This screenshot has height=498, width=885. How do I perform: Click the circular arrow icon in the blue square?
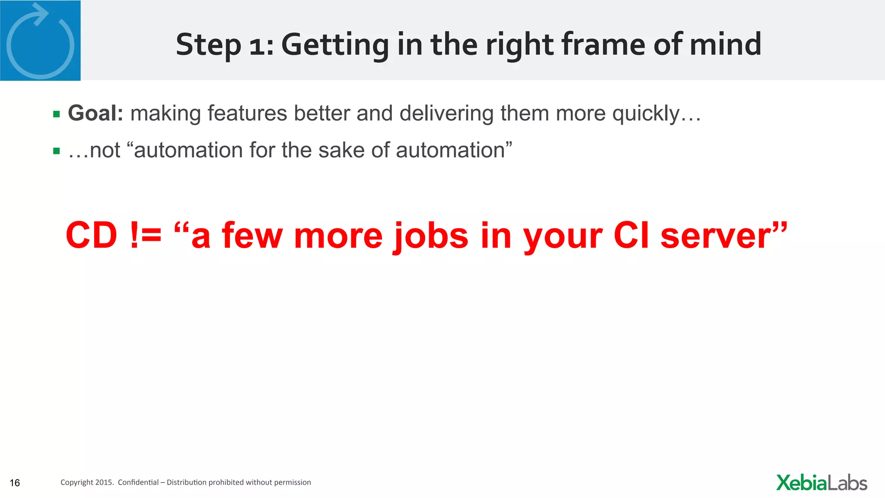(x=40, y=41)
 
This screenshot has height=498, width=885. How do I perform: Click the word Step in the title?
(x=208, y=45)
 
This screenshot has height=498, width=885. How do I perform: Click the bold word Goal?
(x=96, y=113)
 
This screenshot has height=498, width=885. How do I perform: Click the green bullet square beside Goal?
(x=57, y=115)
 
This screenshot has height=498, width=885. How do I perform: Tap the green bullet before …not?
(x=57, y=151)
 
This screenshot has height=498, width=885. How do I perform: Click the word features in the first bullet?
(x=247, y=113)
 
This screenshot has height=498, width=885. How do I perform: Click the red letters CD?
(x=91, y=236)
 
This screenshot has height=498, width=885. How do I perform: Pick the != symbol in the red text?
(x=146, y=236)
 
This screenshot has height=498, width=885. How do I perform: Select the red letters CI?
(x=631, y=236)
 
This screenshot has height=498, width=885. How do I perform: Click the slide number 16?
(x=15, y=483)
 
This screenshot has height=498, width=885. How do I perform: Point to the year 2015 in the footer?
(x=104, y=482)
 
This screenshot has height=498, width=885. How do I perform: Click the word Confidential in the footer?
(x=138, y=482)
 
